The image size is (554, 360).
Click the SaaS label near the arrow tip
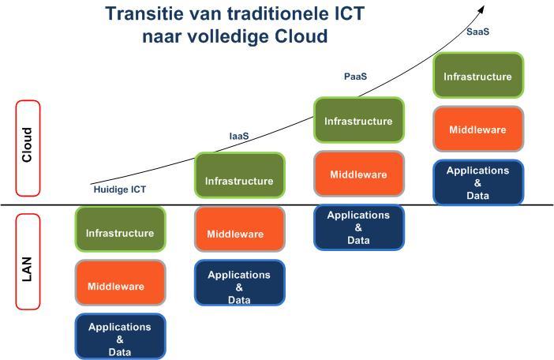pos(477,32)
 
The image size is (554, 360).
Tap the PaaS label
pos(355,77)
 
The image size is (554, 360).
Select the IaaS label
pos(239,136)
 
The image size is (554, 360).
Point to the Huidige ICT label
pos(120,189)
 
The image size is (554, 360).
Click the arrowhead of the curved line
pos(482,9)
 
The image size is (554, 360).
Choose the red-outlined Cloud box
pos(28,148)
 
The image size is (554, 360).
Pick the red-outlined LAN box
pos(28,262)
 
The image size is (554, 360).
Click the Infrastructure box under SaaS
pos(478,75)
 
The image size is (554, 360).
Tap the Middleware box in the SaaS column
pos(478,129)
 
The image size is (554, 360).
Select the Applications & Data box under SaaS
pos(478,182)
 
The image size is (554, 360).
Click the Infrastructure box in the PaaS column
pos(359,120)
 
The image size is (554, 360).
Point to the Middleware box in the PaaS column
pos(359,174)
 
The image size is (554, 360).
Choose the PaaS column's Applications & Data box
pos(359,227)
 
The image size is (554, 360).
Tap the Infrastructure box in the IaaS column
pos(240,175)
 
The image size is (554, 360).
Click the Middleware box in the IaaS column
pos(240,229)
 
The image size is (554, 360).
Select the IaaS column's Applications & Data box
pos(240,283)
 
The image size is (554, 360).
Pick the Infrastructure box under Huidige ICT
pos(121,229)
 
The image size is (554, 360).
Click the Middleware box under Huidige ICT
pos(121,283)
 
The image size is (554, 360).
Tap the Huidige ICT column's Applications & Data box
pos(121,336)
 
